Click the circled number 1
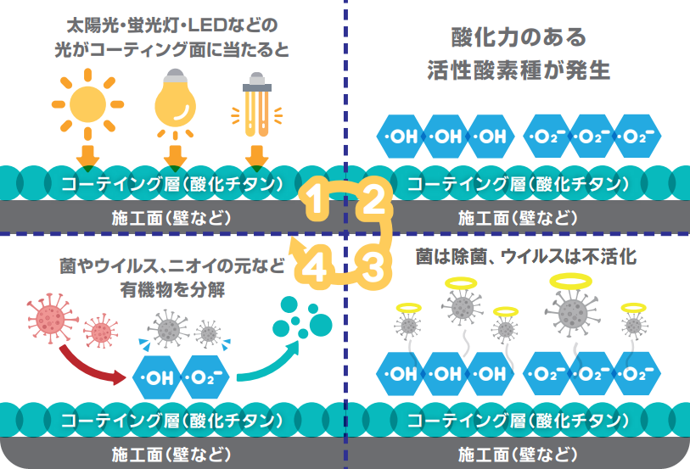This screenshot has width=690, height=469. click(x=314, y=202)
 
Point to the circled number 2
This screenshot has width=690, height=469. click(x=373, y=202)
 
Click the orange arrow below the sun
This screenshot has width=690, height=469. click(x=87, y=156)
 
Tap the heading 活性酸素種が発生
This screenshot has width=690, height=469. click(x=519, y=70)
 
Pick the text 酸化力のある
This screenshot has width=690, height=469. click(x=519, y=38)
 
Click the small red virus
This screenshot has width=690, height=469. click(x=101, y=332)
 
